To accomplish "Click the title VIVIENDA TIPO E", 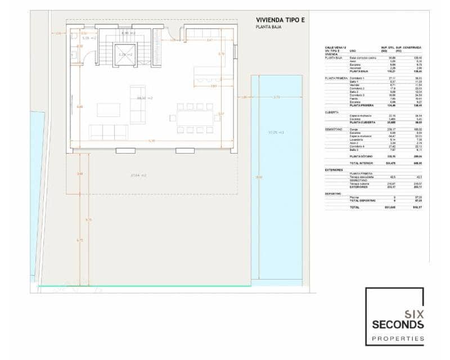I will pos(280,20).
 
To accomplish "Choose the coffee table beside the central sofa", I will pos(108,110).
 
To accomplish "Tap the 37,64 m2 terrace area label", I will pos(138,175).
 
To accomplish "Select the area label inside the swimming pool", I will pos(276,132).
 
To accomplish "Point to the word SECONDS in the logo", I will pos(398,325).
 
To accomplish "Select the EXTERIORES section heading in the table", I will pos(334,169).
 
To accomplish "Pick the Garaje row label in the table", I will pos(354,129).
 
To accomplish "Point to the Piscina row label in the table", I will pos(355,197).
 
